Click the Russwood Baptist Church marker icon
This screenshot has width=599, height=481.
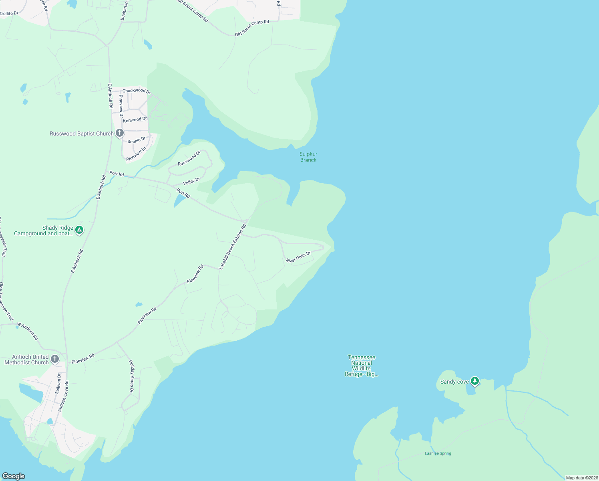point(119,133)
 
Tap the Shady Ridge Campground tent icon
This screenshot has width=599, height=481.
point(79,230)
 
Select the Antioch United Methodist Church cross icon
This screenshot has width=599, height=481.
point(55,359)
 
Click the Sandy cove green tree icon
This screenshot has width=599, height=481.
point(474,381)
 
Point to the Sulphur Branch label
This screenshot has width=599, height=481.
point(308,157)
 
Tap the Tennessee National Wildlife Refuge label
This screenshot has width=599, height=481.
point(362,366)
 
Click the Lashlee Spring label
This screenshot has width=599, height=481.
point(438,453)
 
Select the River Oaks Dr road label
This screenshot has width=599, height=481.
point(298,257)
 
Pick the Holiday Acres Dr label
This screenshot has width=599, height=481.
point(131,376)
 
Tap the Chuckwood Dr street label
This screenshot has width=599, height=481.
point(137,91)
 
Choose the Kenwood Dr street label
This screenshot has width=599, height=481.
point(135,119)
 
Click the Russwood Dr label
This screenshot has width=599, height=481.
point(189,158)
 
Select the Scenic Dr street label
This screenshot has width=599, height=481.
point(137,140)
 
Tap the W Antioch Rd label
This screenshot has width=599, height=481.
point(28,331)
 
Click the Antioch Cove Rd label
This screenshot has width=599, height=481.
point(63,396)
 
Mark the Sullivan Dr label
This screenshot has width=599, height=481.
point(58,384)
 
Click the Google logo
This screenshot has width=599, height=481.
point(14,476)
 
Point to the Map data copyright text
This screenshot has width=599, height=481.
point(581,478)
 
